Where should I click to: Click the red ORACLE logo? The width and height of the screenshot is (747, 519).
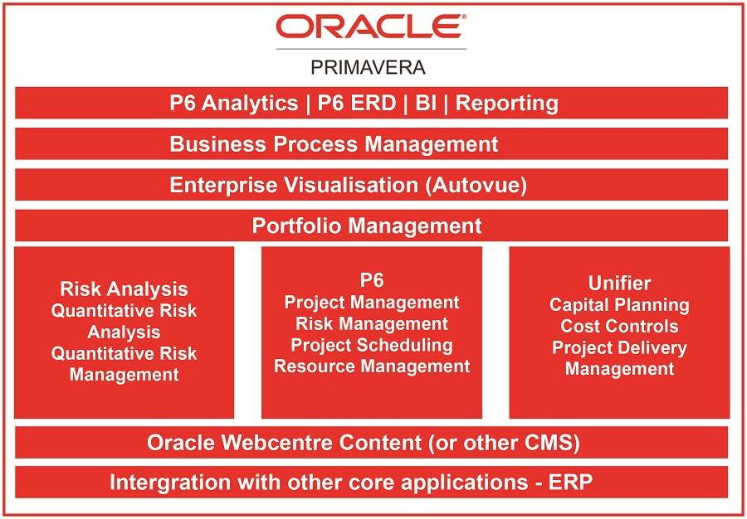pyautogui.click(x=371, y=27)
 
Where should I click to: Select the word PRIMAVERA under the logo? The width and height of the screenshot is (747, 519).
pyautogui.click(x=368, y=67)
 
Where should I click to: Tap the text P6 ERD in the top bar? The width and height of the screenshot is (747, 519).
pyautogui.click(x=357, y=103)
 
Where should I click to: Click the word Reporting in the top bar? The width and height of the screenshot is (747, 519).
pyautogui.click(x=507, y=104)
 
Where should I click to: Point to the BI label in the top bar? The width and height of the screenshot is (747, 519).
pyautogui.click(x=426, y=103)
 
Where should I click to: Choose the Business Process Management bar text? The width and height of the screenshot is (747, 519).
pyautogui.click(x=334, y=144)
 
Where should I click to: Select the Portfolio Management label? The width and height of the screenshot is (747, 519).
pyautogui.click(x=367, y=226)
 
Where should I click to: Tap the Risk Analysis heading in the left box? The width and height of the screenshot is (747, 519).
pyautogui.click(x=124, y=289)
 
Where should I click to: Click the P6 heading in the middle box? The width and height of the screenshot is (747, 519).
pyautogui.click(x=372, y=280)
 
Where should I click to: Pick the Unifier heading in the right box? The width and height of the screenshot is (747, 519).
pyautogui.click(x=619, y=283)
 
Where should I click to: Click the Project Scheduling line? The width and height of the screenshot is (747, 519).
pyautogui.click(x=372, y=346)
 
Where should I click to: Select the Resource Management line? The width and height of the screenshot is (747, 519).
pyautogui.click(x=372, y=366)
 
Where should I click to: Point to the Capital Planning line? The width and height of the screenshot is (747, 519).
pyautogui.click(x=619, y=305)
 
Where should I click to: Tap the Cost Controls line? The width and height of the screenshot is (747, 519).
pyautogui.click(x=619, y=327)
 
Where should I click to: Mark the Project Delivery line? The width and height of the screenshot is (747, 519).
pyautogui.click(x=619, y=348)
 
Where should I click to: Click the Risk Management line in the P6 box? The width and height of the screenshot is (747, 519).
pyautogui.click(x=372, y=324)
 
